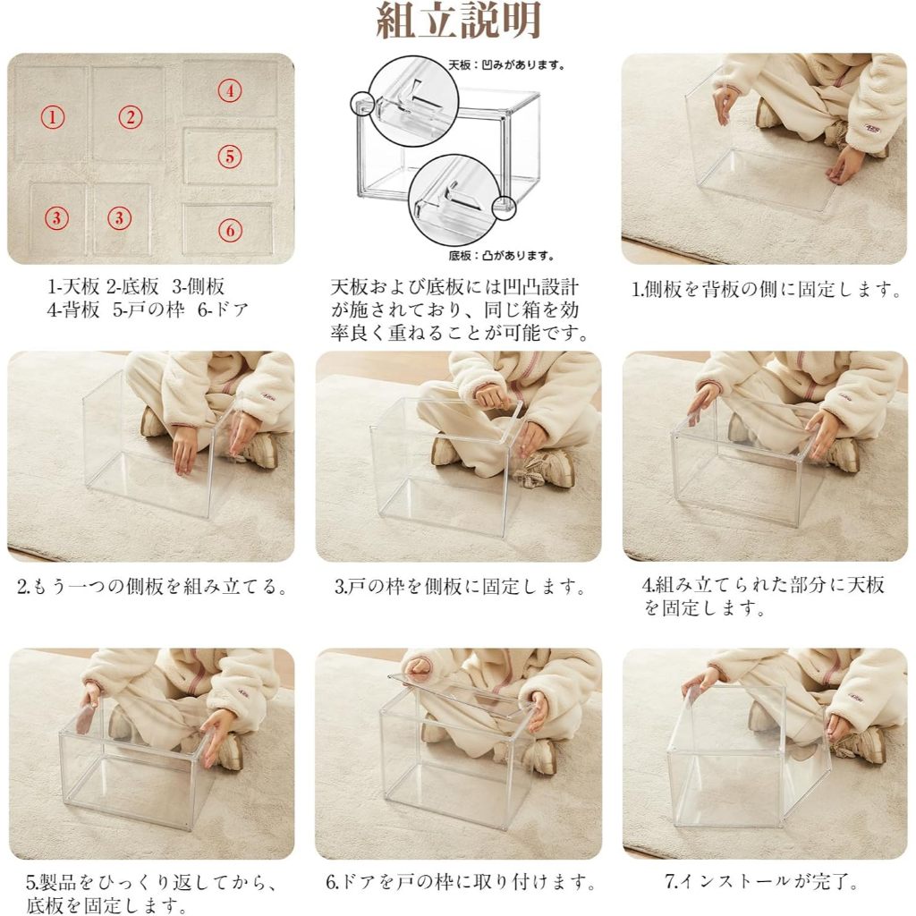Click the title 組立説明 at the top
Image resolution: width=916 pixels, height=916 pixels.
[x=459, y=21]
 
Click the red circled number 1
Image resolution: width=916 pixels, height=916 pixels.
[x=53, y=117]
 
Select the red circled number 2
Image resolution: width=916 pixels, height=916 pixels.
[x=131, y=117]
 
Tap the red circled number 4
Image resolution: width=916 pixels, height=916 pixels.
[x=230, y=90]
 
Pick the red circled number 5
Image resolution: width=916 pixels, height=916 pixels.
[x=230, y=157]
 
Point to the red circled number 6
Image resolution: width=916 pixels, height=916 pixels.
[x=230, y=230]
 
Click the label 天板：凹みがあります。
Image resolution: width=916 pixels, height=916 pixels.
[x=506, y=64]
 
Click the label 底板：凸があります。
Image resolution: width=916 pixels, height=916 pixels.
[x=501, y=255]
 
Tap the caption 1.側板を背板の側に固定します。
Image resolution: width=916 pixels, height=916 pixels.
[x=767, y=289]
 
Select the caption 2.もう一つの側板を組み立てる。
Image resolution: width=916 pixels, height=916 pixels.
[x=152, y=586]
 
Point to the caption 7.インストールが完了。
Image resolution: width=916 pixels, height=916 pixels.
[x=762, y=881]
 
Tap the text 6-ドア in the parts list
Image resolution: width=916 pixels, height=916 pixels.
[x=223, y=309]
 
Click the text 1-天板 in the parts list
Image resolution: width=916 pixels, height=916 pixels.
[x=73, y=286]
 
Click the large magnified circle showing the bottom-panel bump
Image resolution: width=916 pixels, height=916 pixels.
[x=454, y=198]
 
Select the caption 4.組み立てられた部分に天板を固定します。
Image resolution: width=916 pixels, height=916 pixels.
[x=764, y=597]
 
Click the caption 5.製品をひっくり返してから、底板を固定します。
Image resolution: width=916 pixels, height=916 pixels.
[x=151, y=894]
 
